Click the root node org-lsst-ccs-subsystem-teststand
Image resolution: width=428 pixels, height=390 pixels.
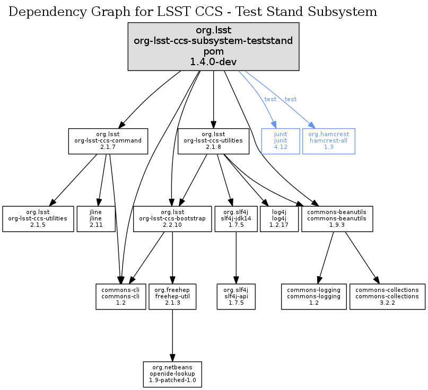click(x=213, y=46)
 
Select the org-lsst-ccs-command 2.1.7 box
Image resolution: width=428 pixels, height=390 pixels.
click(x=108, y=141)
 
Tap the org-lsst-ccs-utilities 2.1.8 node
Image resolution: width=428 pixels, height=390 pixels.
click(x=213, y=141)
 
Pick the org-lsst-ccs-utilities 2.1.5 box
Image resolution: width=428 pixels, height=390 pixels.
click(x=38, y=218)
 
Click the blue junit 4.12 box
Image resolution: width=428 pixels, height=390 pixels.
click(x=281, y=141)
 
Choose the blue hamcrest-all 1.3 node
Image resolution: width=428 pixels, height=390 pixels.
click(x=328, y=141)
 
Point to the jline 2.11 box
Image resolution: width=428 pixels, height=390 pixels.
click(x=96, y=218)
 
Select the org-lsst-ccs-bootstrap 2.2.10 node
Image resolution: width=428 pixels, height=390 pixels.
click(x=172, y=218)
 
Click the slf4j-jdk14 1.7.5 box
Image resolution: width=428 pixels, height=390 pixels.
click(x=235, y=218)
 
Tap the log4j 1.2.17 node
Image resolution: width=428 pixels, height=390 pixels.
click(x=279, y=218)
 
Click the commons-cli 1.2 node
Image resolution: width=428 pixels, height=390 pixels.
click(x=120, y=297)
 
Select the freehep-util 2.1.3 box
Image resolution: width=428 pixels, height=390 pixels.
click(x=172, y=297)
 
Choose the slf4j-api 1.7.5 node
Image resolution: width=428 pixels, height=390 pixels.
click(x=236, y=297)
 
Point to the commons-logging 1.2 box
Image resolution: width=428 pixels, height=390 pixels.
click(x=313, y=297)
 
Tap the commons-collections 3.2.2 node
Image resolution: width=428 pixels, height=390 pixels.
click(x=387, y=297)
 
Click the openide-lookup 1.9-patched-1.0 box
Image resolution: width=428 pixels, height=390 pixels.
click(x=172, y=374)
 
